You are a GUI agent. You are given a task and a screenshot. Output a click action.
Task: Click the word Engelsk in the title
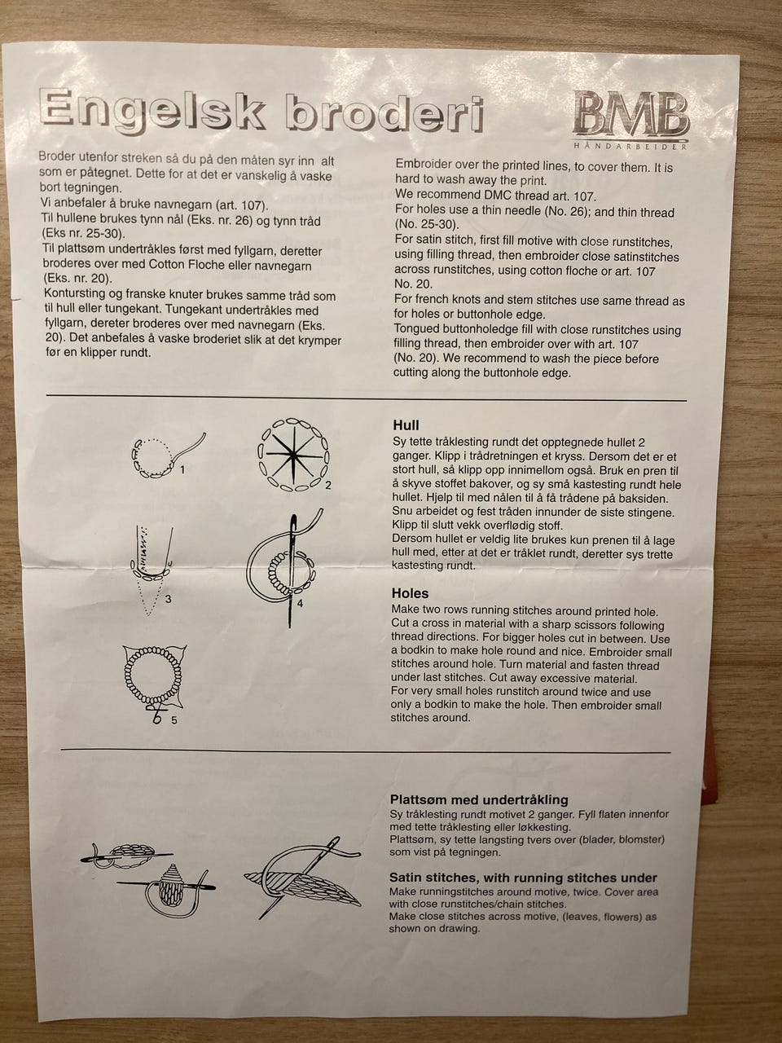(152, 109)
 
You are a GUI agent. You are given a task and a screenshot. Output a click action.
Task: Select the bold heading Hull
(406, 425)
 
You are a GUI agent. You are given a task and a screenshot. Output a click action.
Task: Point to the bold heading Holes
(410, 593)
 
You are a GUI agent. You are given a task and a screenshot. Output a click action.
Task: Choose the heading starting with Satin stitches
(523, 878)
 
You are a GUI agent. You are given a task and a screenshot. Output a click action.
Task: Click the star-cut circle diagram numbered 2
(293, 455)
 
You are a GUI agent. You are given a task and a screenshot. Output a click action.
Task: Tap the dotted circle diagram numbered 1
(167, 456)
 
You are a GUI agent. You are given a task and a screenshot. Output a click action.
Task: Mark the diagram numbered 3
(152, 570)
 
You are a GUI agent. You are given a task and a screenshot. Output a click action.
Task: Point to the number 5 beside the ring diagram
(174, 720)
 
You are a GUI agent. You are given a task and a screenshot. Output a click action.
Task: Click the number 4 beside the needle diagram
(300, 604)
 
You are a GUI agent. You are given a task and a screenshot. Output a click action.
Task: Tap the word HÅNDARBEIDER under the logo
(630, 146)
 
